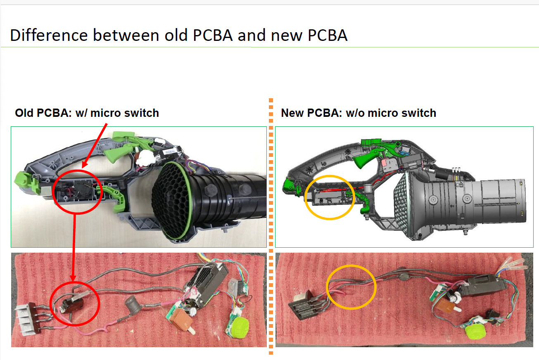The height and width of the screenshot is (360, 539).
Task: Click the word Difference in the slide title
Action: click(x=49, y=36)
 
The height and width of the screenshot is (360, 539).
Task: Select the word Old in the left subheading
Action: click(x=24, y=113)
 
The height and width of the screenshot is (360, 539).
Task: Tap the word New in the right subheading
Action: click(x=292, y=113)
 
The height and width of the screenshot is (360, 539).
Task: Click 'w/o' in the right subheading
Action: click(x=355, y=113)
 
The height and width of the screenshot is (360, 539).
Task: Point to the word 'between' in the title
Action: click(x=126, y=36)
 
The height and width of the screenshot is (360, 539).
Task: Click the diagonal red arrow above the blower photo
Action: click(x=95, y=145)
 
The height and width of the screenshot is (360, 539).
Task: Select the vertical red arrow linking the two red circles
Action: click(x=74, y=248)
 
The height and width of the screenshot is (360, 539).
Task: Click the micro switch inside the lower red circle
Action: click(x=72, y=303)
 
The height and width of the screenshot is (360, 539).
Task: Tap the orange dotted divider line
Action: click(x=271, y=226)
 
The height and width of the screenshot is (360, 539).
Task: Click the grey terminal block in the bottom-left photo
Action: click(x=27, y=317)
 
